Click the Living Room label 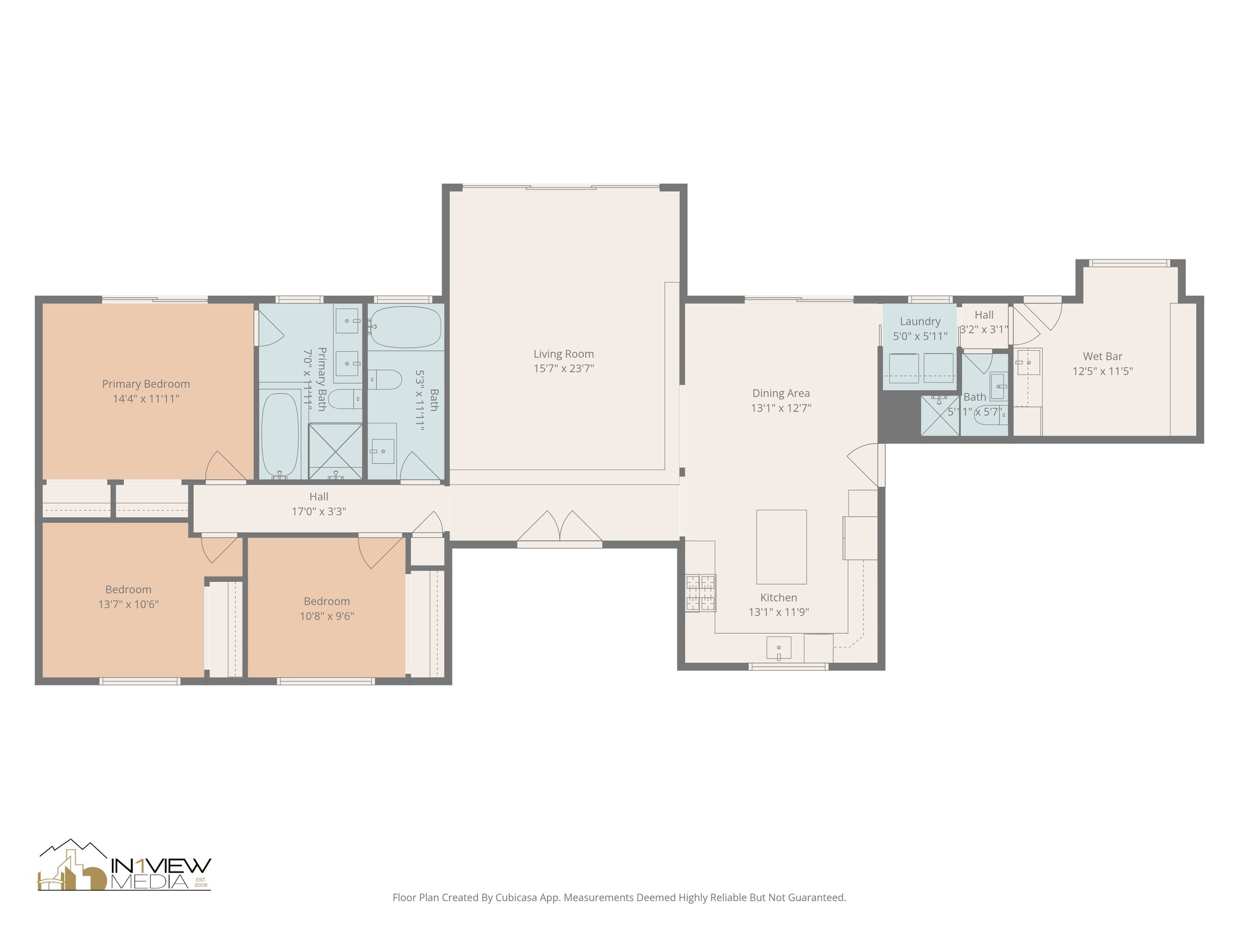[x=563, y=354]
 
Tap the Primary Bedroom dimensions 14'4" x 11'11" [x=146, y=399]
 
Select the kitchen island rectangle [x=781, y=546]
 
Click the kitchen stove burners [x=700, y=593]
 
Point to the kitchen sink [x=779, y=648]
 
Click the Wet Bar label [x=1102, y=356]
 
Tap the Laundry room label [x=920, y=321]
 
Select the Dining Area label [x=780, y=393]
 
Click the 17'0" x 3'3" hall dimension [x=319, y=512]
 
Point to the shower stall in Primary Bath [x=336, y=451]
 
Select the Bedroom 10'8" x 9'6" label [x=327, y=601]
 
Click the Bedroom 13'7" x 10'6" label [x=128, y=590]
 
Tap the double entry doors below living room [x=560, y=527]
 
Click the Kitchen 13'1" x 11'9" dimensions [x=779, y=612]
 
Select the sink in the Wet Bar [x=1028, y=362]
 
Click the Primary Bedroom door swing [x=224, y=467]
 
